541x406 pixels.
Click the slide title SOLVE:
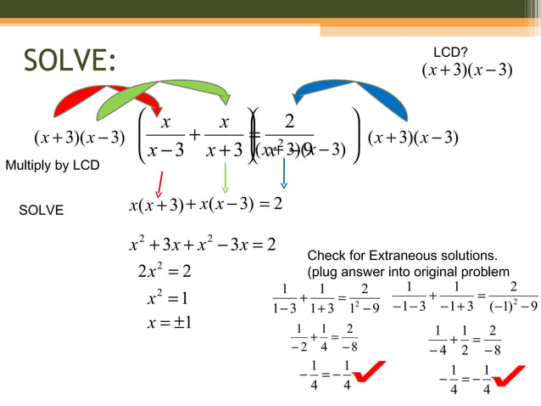coord(69,61)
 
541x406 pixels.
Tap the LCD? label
coord(451,53)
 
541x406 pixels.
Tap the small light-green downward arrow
coord(225,178)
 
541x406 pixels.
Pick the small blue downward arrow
coord(284,175)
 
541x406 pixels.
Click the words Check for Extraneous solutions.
coord(402,255)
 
